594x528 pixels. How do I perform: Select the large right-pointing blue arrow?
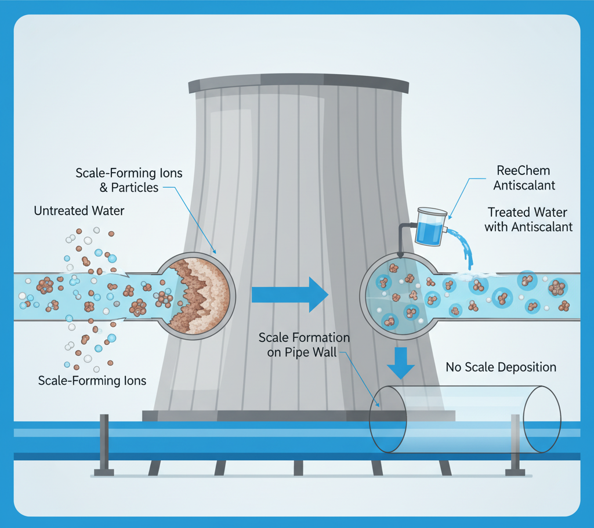(x=290, y=294)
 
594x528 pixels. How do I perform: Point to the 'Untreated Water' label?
(x=79, y=211)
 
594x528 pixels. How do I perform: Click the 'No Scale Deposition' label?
(x=501, y=367)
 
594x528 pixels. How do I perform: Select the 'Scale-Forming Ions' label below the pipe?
(x=92, y=381)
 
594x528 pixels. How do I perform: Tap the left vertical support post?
(x=104, y=443)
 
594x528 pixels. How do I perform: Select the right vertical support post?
(x=515, y=443)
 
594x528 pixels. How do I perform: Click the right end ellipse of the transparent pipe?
(x=542, y=418)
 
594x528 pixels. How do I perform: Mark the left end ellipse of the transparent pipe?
(x=389, y=418)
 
